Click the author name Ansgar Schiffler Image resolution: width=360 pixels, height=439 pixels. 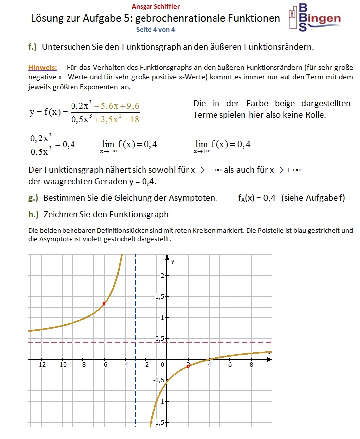pyautogui.click(x=156, y=7)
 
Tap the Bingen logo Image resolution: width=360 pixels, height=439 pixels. pyautogui.click(x=314, y=18)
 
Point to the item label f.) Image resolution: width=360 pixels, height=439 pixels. pyautogui.click(x=33, y=47)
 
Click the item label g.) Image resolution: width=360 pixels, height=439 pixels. pyautogui.click(x=34, y=198)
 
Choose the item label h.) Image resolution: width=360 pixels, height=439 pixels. pyautogui.click(x=34, y=215)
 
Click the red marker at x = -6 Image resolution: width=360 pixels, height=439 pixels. pyautogui.click(x=104, y=303)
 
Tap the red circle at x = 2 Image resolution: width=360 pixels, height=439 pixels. pyautogui.click(x=188, y=366)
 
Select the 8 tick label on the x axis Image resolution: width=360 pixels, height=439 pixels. pyautogui.click(x=251, y=365)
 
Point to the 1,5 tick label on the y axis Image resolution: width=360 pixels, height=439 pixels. pyautogui.click(x=158, y=297)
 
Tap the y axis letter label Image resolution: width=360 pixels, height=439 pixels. pyautogui.click(x=173, y=260)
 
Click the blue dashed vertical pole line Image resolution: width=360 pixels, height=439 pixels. pyautogui.click(x=136, y=387)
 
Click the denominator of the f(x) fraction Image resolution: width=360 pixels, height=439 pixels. pyautogui.click(x=105, y=119)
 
